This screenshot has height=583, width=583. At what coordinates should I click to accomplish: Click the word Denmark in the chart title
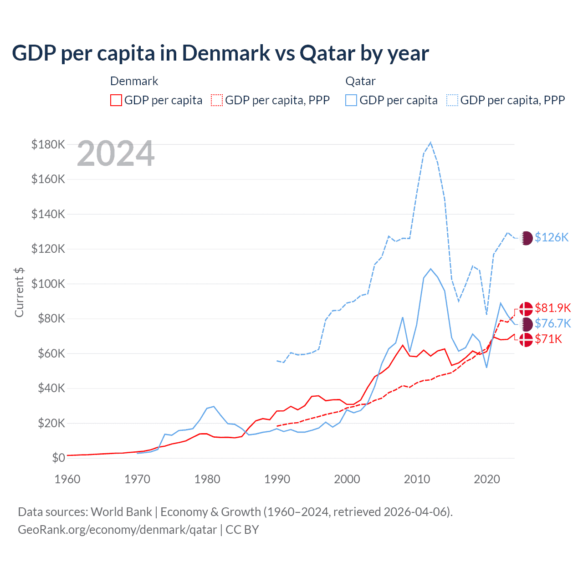point(226,53)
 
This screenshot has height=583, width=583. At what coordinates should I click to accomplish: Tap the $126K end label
point(552,237)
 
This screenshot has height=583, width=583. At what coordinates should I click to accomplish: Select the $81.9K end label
point(552,308)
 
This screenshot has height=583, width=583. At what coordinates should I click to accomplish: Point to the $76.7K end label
point(552,323)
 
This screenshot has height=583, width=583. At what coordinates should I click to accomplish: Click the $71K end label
point(548,339)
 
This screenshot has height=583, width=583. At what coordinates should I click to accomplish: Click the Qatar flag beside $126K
point(526,238)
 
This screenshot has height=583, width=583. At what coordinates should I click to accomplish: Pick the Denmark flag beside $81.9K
point(526,308)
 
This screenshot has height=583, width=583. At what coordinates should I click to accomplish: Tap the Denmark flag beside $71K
point(526,339)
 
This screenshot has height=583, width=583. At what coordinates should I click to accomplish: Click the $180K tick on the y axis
point(48,144)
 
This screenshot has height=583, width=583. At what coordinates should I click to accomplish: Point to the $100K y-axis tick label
point(48,284)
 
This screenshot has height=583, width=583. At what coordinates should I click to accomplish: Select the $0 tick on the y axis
point(58,458)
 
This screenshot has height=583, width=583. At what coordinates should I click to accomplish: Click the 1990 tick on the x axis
point(277,479)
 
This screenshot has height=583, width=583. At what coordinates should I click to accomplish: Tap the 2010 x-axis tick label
point(417,479)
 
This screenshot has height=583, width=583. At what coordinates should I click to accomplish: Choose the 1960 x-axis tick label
point(67,479)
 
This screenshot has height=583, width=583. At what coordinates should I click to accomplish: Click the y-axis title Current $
point(19,292)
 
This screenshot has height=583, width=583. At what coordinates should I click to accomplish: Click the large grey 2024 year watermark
point(116,153)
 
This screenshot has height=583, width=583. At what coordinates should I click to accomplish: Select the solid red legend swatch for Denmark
point(116,100)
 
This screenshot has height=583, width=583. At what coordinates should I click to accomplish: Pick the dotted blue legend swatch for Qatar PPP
point(452,100)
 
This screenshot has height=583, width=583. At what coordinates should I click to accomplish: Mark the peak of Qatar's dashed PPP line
point(430,143)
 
